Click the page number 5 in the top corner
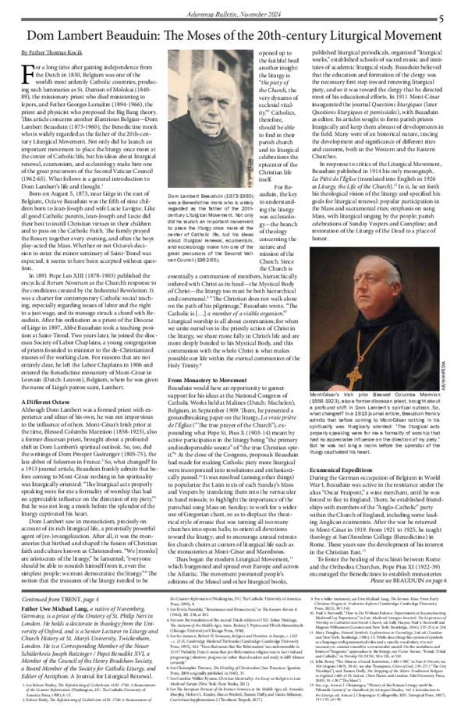pos(441,18)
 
